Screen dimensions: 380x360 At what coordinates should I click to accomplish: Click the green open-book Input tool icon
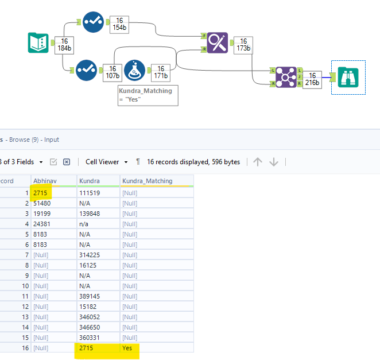click(38, 42)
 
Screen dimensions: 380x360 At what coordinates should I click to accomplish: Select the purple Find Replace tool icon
click(218, 42)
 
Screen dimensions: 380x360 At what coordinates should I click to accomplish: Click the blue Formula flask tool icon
click(134, 70)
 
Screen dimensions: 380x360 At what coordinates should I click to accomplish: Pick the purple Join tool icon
click(286, 77)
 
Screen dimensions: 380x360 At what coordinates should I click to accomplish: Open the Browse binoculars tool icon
click(348, 77)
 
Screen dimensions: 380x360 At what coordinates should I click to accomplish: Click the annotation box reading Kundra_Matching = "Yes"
click(148, 95)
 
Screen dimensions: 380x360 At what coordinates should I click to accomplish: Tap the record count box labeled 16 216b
click(312, 79)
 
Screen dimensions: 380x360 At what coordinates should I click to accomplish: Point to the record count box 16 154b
click(119, 25)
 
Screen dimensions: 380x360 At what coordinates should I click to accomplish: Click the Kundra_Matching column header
click(148, 181)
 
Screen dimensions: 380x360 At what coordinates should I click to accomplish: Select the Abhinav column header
click(45, 181)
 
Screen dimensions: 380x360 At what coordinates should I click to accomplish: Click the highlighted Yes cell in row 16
click(127, 348)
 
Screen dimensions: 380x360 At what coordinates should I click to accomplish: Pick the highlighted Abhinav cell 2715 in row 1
click(40, 193)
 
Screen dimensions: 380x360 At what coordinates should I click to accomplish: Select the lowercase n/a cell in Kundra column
click(84, 224)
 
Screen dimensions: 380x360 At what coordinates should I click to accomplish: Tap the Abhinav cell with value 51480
click(42, 203)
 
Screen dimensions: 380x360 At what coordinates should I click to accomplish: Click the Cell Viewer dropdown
click(107, 162)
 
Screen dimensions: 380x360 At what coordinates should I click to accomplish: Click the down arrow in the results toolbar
click(274, 162)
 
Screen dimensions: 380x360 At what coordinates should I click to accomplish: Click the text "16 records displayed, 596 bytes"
click(193, 162)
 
